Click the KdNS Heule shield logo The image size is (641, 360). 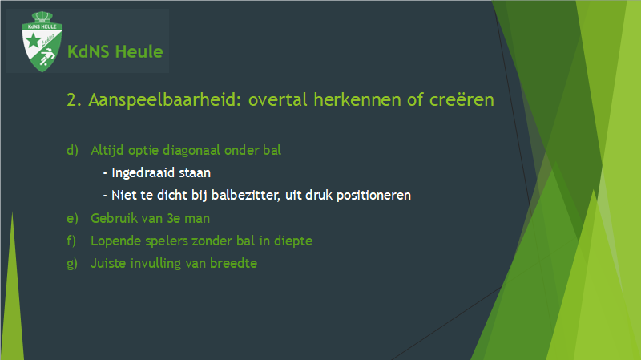click(42, 42)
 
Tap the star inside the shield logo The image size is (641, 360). click(33, 41)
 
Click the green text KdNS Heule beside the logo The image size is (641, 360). click(115, 52)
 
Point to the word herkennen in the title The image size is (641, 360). click(357, 99)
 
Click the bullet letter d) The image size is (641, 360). click(72, 150)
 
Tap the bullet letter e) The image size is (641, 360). click(72, 218)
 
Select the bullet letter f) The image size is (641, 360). click(71, 241)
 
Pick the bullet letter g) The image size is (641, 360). click(72, 264)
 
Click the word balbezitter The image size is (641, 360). click(246, 195)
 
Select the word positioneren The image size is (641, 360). click(373, 196)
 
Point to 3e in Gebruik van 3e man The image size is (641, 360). click(174, 218)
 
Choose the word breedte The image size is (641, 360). click(233, 263)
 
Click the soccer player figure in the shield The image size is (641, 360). click(47, 56)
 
